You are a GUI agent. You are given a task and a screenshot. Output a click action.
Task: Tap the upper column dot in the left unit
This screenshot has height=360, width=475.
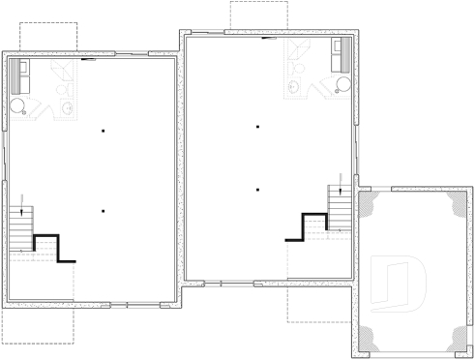point(103,131)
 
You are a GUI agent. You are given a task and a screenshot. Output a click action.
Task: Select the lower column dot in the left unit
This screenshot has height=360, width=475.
point(103,210)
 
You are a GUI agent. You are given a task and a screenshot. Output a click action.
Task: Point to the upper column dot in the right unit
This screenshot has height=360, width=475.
point(257,126)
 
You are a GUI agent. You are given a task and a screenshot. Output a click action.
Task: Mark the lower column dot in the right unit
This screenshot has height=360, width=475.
point(257,189)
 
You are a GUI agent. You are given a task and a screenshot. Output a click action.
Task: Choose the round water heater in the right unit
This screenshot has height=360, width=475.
point(342,85)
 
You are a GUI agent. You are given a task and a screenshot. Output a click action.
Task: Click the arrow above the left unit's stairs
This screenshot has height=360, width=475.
point(21,201)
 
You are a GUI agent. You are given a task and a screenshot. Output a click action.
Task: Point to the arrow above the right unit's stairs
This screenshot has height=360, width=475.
point(341,174)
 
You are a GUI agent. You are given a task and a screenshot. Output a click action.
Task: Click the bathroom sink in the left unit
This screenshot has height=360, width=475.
point(66,106)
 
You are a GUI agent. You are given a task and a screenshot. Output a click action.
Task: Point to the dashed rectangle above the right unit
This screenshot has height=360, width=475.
point(259,15)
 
